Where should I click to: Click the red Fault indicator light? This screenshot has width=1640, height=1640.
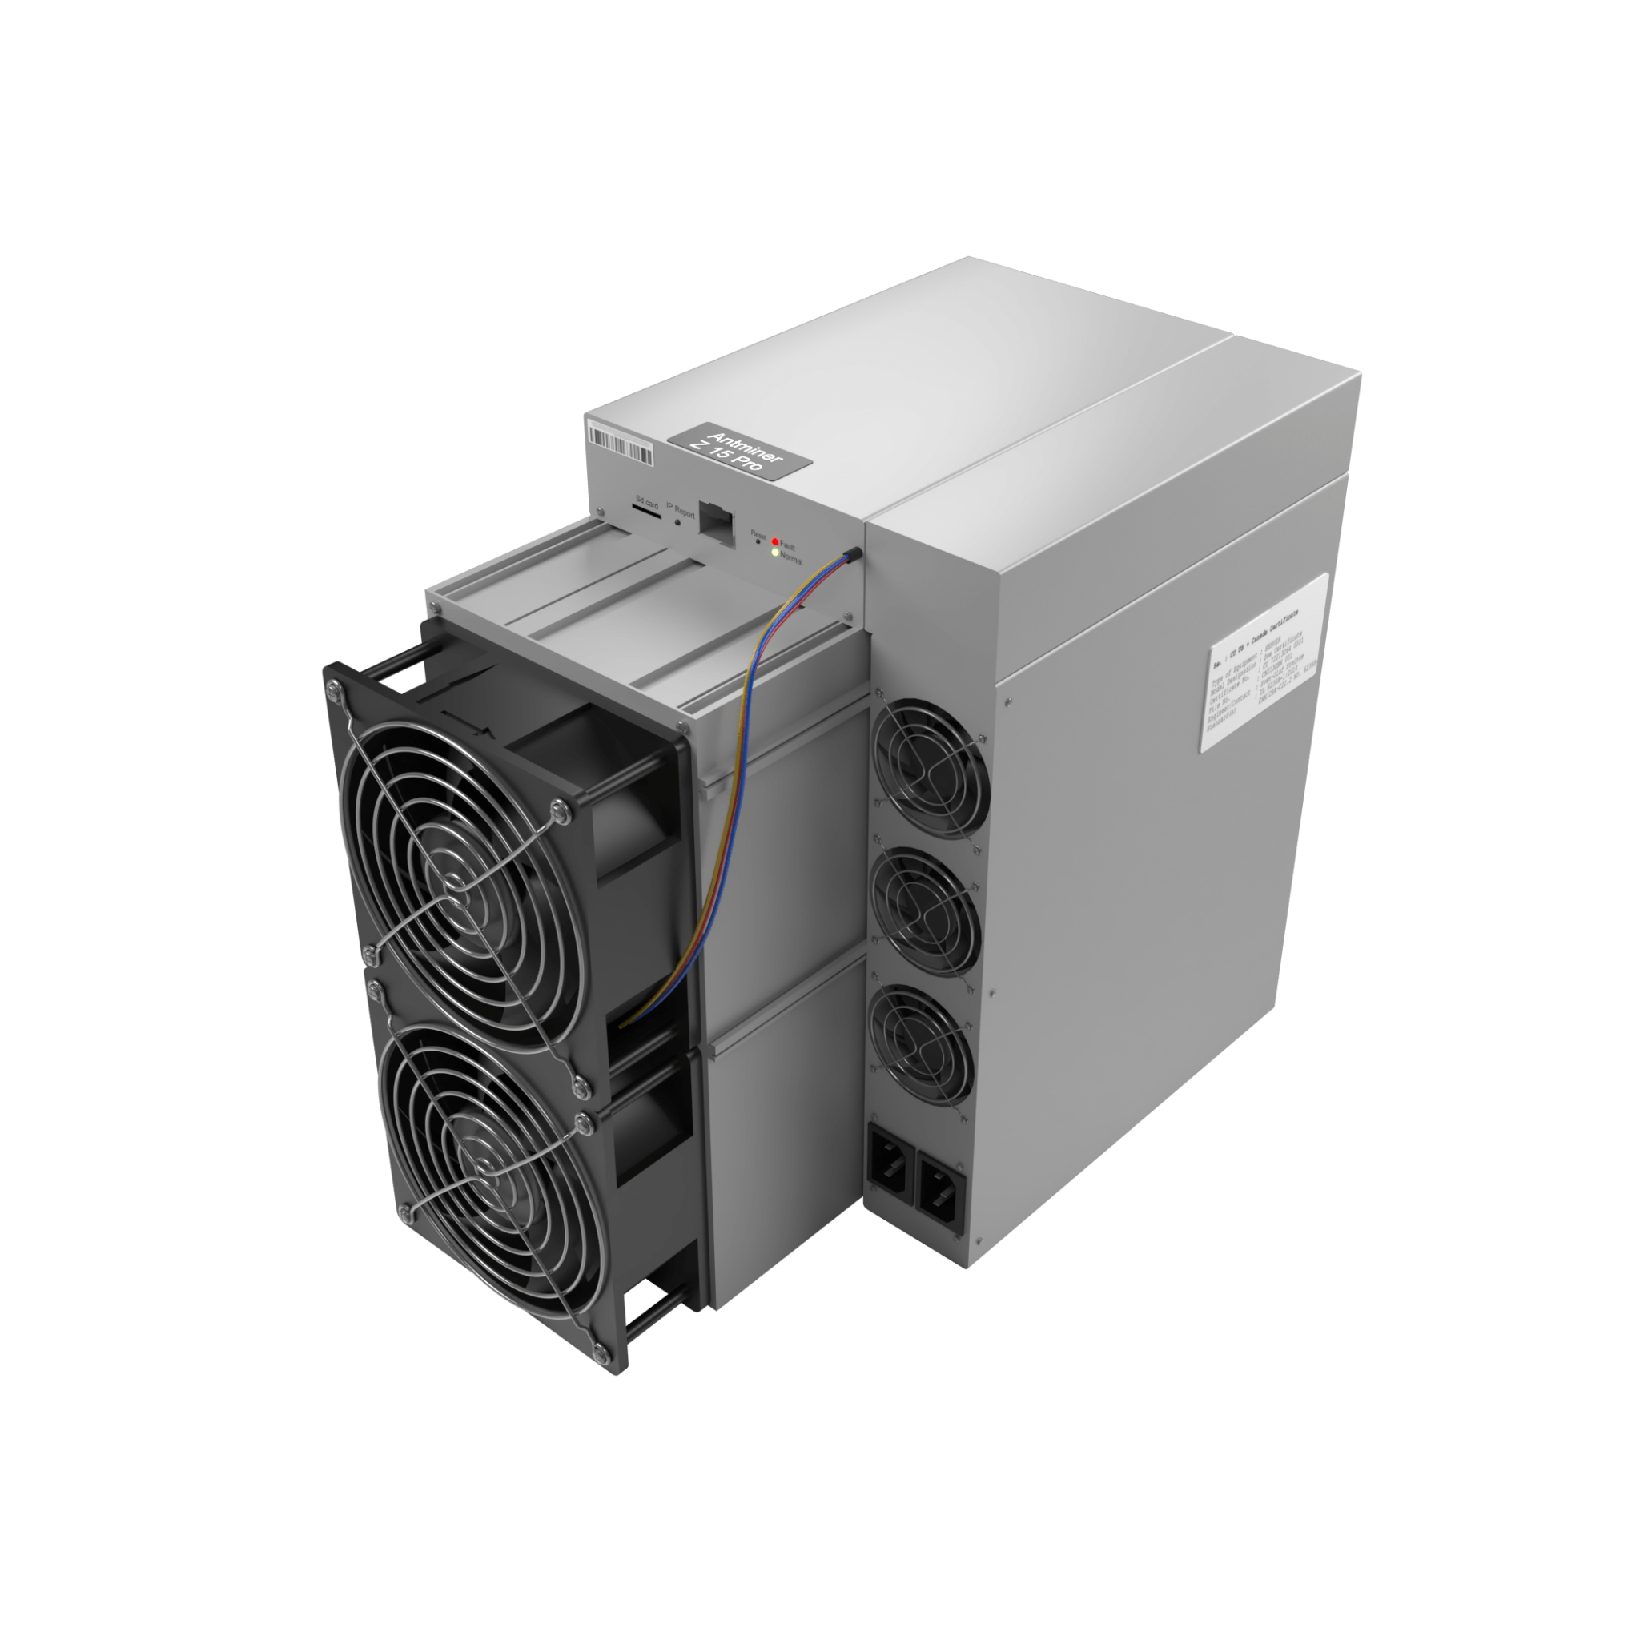point(775,541)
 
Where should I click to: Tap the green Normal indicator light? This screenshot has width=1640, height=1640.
point(774,553)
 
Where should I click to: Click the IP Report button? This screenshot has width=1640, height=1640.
point(677,523)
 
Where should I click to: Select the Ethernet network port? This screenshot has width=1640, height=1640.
point(715,527)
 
